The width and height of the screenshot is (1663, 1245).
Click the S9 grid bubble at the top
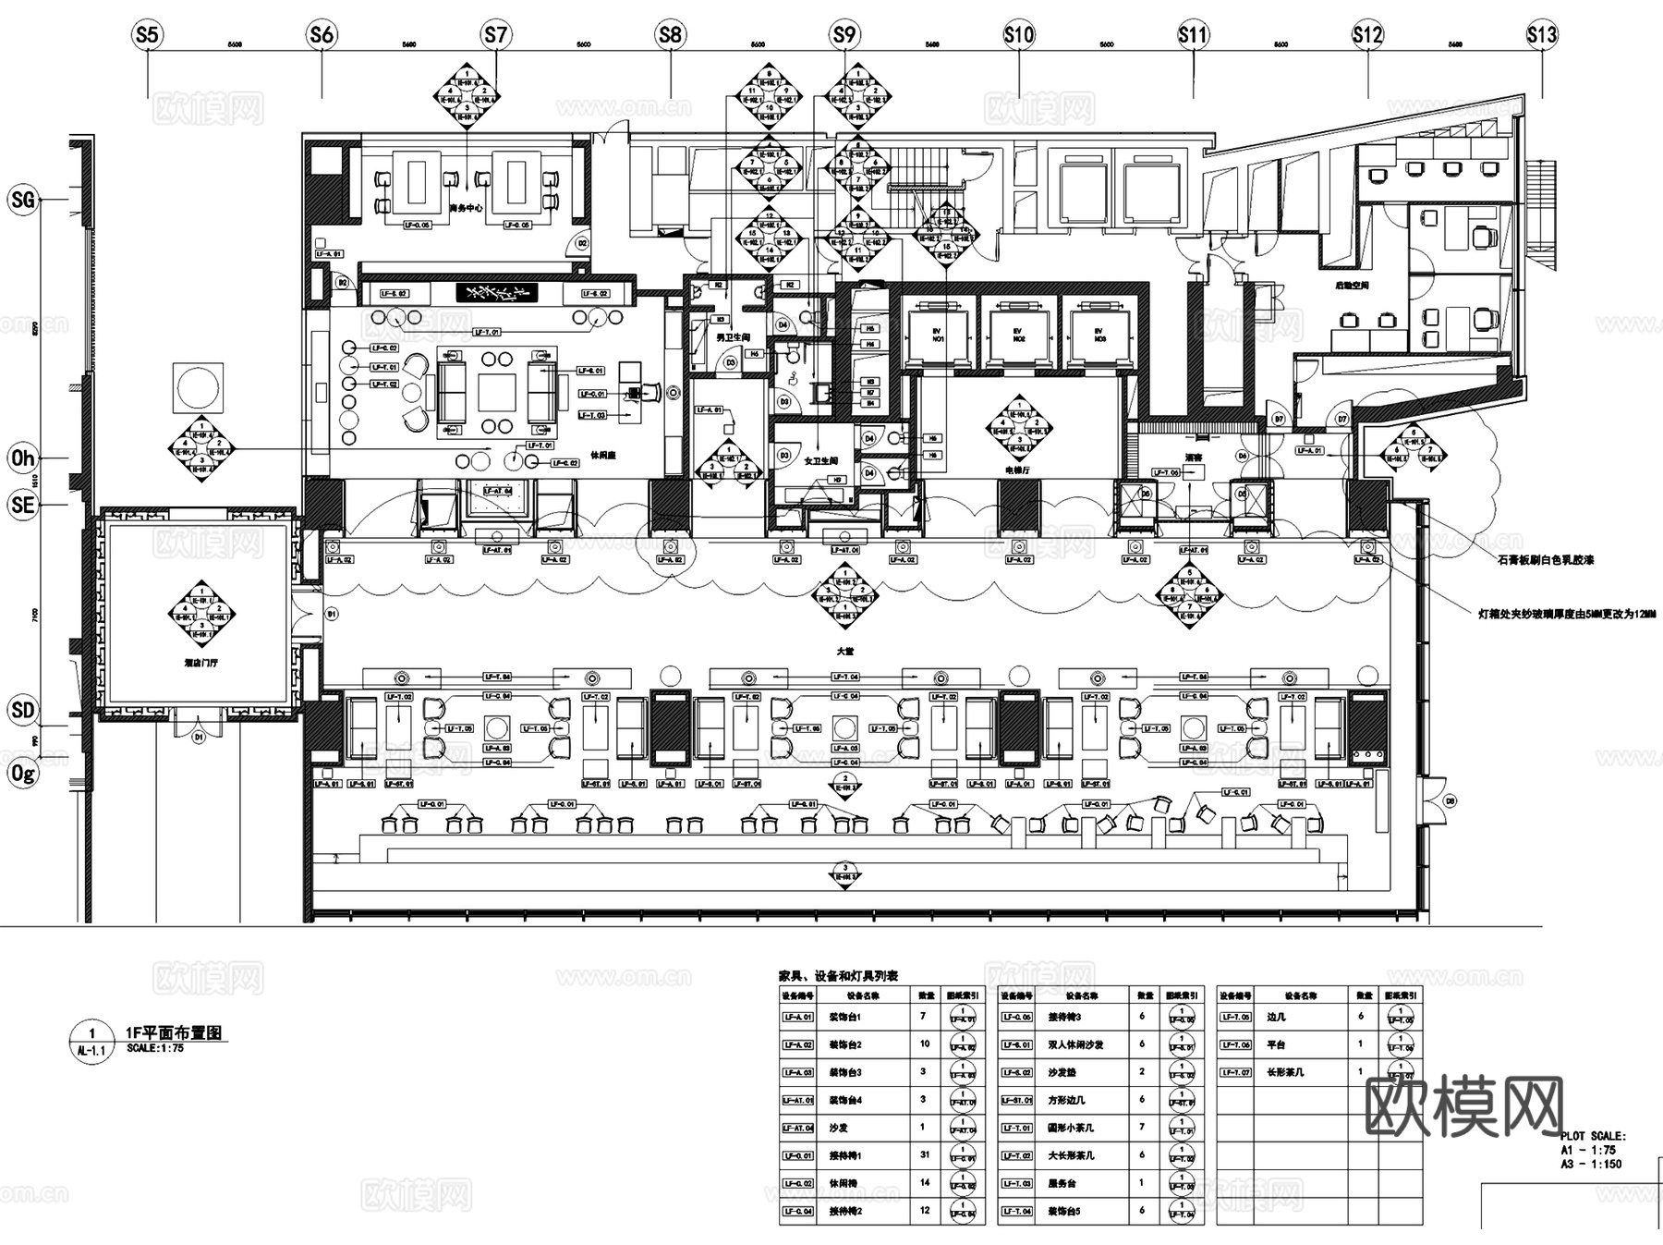pyautogui.click(x=844, y=35)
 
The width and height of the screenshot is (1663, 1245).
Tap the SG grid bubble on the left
pyautogui.click(x=22, y=199)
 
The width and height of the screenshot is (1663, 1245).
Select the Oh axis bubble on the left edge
pyautogui.click(x=22, y=458)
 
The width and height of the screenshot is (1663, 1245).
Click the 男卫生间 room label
pyautogui.click(x=733, y=337)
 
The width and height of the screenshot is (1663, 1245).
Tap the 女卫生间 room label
pyautogui.click(x=820, y=460)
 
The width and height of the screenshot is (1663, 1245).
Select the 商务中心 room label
pyautogui.click(x=466, y=208)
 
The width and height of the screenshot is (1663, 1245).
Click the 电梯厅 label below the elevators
pyautogui.click(x=1017, y=470)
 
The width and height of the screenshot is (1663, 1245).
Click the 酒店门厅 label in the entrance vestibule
pyautogui.click(x=200, y=663)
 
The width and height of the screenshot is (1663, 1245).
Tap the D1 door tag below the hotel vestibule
pyautogui.click(x=198, y=738)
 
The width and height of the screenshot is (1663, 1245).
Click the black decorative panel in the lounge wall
pyautogui.click(x=496, y=293)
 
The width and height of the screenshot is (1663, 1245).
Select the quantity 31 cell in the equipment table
pyautogui.click(x=925, y=1155)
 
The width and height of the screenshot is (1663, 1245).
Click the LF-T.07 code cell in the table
pyautogui.click(x=1235, y=1072)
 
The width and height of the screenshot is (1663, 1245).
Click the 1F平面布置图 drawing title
pyautogui.click(x=174, y=1033)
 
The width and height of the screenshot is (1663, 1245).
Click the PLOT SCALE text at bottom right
pyautogui.click(x=1593, y=1137)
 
